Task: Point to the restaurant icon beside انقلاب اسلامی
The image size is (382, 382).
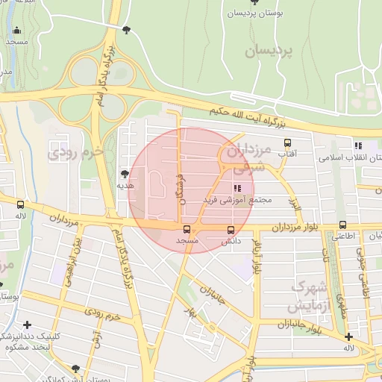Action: tap(358, 146)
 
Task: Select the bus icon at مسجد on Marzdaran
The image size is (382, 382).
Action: tap(186, 230)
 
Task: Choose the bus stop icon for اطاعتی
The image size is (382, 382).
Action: tap(342, 225)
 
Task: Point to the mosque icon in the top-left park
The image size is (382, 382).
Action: tap(16, 31)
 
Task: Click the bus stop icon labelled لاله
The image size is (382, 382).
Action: tap(20, 204)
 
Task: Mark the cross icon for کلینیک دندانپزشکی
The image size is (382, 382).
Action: tap(28, 325)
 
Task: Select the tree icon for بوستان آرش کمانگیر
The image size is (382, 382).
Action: tap(75, 369)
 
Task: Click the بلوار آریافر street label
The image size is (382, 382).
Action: tap(257, 258)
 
